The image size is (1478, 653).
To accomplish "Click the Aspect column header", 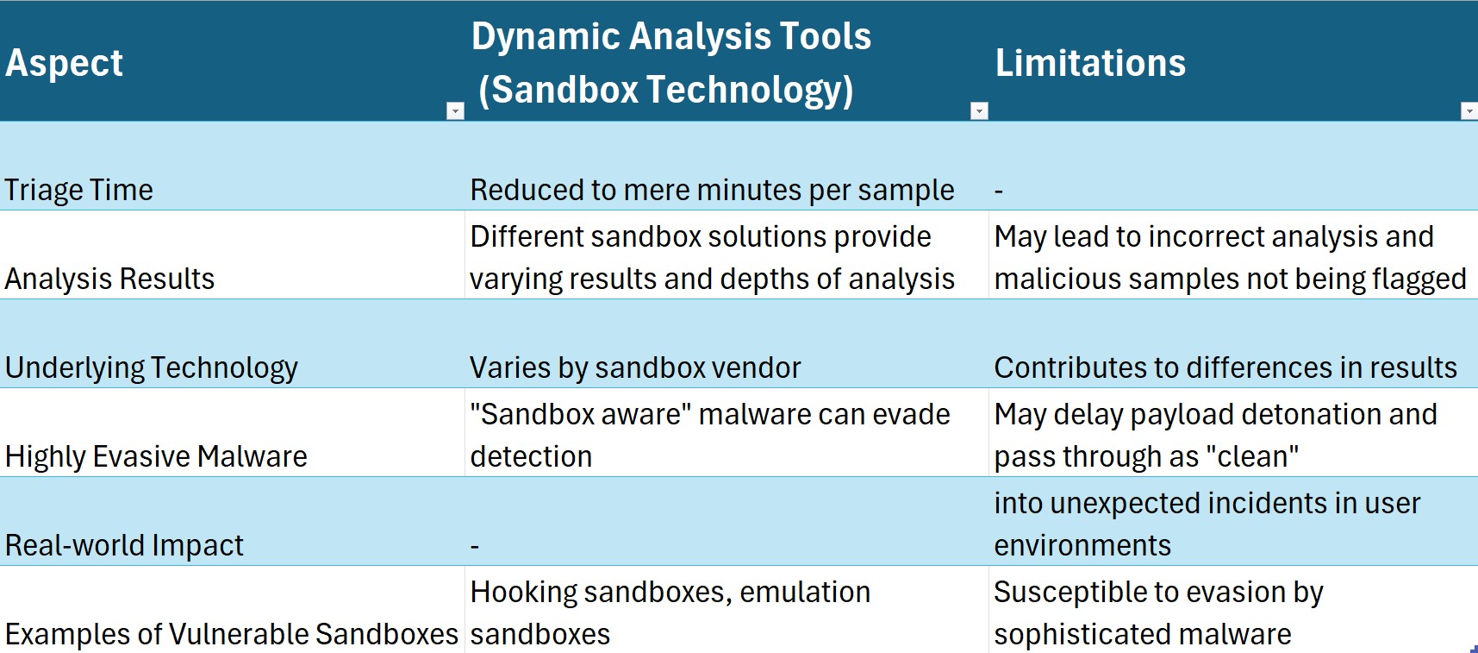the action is tap(65, 63).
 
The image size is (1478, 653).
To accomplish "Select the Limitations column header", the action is tap(1090, 63).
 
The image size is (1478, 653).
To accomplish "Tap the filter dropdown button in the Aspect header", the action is tap(455, 110).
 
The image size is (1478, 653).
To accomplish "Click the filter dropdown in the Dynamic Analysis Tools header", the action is tap(979, 110).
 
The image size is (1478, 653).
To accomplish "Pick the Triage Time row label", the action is tap(79, 190).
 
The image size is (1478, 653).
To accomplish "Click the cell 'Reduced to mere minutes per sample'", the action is tap(712, 190).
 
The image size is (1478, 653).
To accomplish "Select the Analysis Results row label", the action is tap(109, 279).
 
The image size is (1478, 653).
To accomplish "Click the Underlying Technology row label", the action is tap(152, 367).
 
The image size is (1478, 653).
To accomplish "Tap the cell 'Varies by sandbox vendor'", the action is tap(635, 367).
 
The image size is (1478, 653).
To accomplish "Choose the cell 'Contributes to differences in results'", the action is tap(1225, 367).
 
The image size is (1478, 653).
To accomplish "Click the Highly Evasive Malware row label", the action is tap(156, 456).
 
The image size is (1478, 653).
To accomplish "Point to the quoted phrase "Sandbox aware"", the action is tap(581, 414).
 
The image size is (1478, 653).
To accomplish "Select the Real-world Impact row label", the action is tap(124, 545).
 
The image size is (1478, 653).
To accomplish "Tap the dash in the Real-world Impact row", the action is tap(475, 546).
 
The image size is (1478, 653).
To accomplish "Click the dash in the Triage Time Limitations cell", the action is tap(999, 191).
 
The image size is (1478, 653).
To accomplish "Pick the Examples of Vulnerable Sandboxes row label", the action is tap(232, 634).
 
